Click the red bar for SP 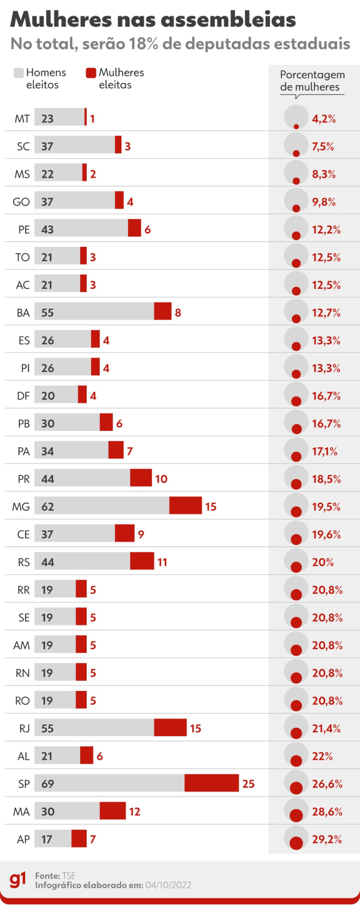211,783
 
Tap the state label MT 22,119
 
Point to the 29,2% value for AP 327,839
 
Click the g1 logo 18,879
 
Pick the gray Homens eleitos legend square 19,73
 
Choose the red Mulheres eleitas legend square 91,73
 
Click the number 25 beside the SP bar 248,784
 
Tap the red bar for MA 112,811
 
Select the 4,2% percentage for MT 324,119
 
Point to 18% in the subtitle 145,44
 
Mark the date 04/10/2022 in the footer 168,885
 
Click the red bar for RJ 170,727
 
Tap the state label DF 23,396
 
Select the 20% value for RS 322,562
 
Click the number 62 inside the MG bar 48,507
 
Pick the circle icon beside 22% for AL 296,756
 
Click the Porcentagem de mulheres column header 312,81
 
